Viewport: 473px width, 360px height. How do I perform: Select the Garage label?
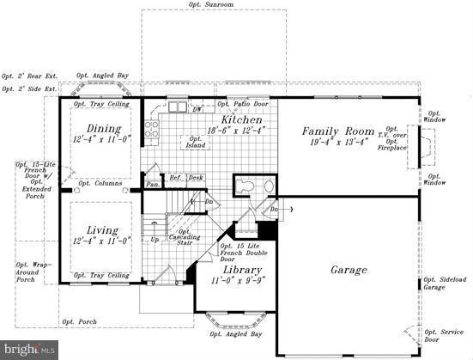pos(349,270)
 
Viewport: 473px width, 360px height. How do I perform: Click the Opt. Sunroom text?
pos(210,4)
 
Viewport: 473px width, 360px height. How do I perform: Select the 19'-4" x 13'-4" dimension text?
pos(335,142)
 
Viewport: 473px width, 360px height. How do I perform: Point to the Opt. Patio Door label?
pos(245,104)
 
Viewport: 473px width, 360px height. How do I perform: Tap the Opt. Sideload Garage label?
pos(446,284)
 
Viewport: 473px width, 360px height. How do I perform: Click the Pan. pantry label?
pos(152,184)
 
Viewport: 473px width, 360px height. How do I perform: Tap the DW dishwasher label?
pos(197,109)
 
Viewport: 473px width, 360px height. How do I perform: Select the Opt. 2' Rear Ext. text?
pos(28,76)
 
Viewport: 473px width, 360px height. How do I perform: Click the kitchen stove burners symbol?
pos(152,130)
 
